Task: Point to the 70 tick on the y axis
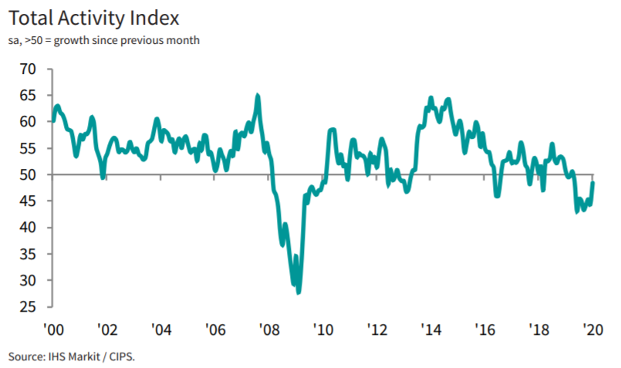click(28, 69)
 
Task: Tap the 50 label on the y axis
click(28, 175)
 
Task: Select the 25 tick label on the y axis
click(28, 307)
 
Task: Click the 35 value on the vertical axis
click(28, 255)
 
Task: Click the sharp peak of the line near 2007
click(258, 96)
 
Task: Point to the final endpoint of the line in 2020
click(593, 183)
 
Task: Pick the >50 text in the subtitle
click(33, 40)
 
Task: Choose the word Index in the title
click(159, 17)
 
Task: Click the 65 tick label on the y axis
click(28, 96)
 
